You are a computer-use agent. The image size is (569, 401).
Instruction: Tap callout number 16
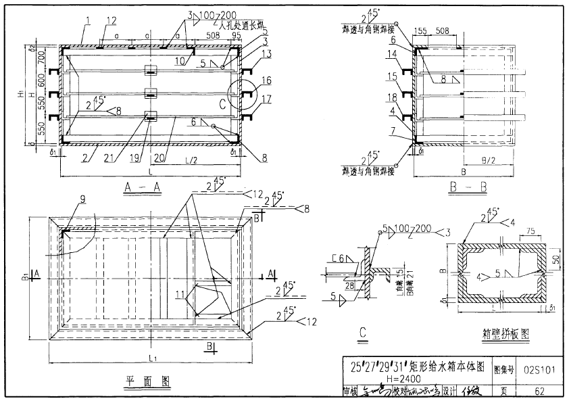[266, 80]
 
